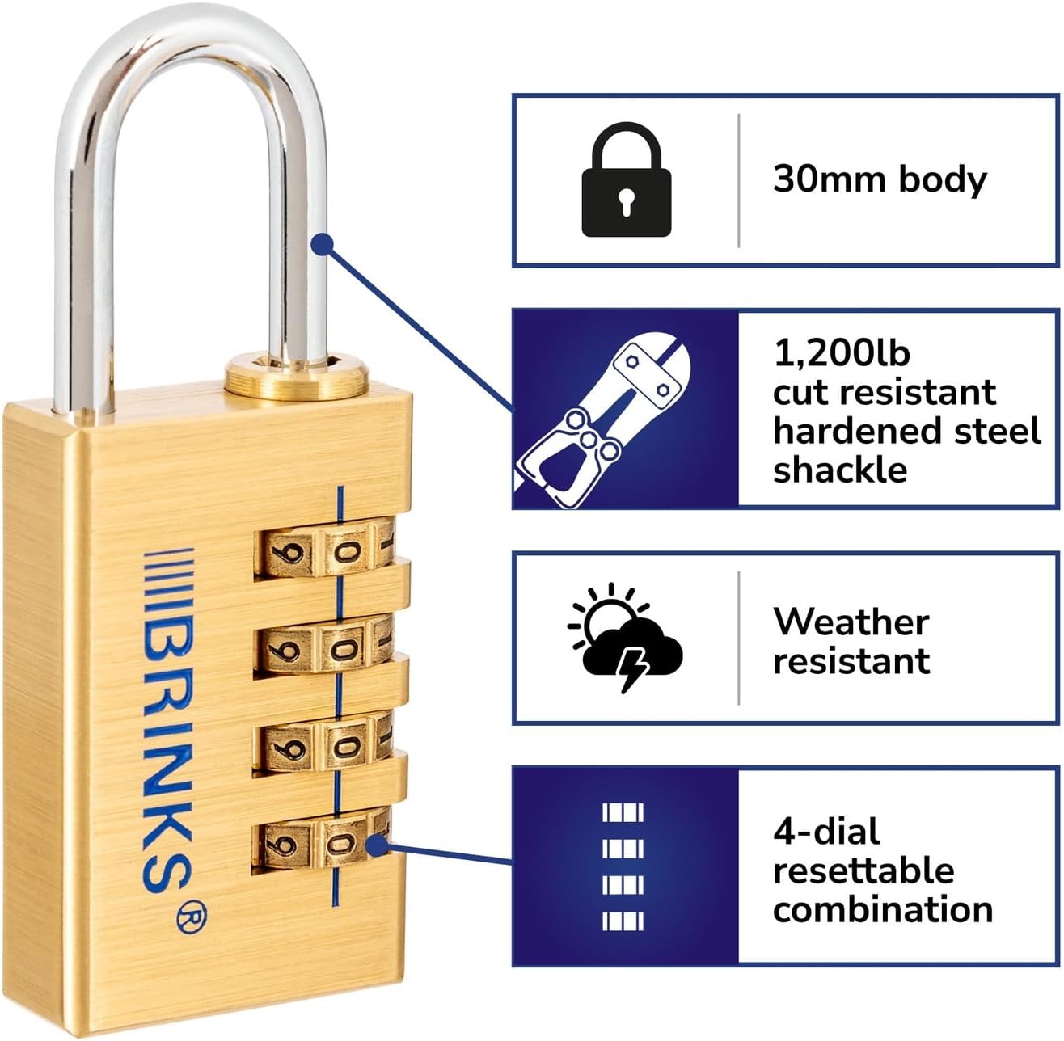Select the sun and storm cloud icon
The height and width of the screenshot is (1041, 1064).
[x=624, y=635]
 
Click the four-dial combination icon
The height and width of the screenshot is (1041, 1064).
[x=623, y=866]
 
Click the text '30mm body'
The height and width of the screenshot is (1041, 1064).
[x=880, y=179]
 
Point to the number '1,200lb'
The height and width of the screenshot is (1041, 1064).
[x=841, y=353]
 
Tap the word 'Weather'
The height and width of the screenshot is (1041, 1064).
[x=851, y=622]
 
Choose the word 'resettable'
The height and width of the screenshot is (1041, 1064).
[x=863, y=870]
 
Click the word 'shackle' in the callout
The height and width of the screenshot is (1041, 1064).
[x=840, y=470]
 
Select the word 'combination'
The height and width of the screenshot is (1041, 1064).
[x=883, y=909]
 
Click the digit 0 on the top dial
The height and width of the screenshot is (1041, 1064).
[x=344, y=553]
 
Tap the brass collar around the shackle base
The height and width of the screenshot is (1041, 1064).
[x=295, y=378]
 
